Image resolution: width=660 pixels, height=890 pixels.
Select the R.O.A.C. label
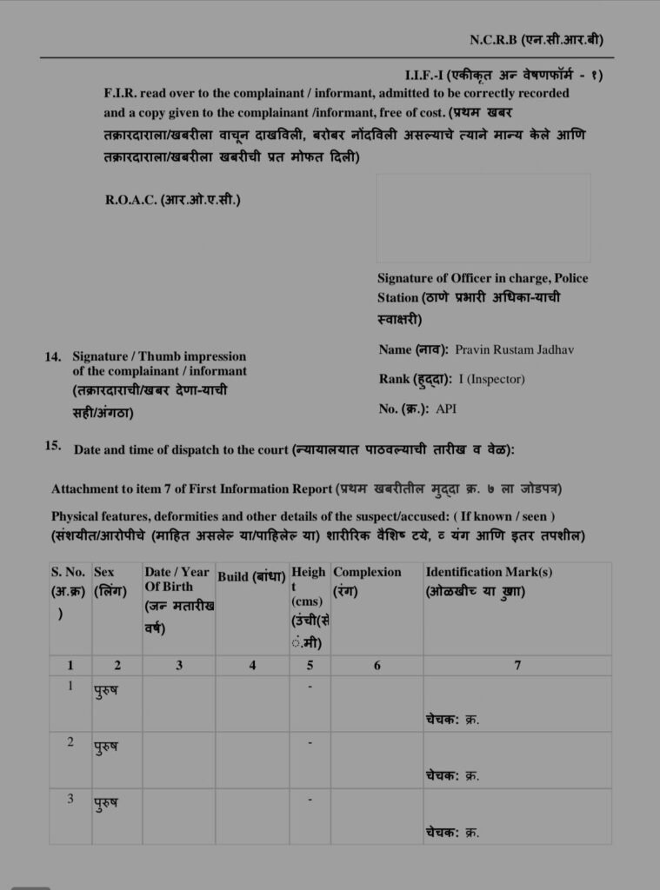click(172, 200)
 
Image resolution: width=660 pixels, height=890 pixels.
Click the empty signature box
click(483, 217)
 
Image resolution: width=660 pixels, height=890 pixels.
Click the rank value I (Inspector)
click(490, 379)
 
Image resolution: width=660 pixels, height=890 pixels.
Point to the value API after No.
click(446, 408)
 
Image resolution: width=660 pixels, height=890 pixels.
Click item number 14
click(53, 356)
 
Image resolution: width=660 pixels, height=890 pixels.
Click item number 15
click(53, 447)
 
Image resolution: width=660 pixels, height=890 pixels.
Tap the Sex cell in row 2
click(105, 747)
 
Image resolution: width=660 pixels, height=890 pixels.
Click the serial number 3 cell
click(70, 798)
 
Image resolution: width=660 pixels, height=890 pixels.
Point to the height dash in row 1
click(310, 687)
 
